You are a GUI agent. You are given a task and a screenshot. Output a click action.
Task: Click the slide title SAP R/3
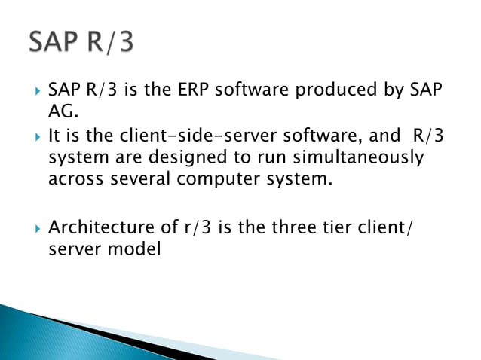coord(81,42)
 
